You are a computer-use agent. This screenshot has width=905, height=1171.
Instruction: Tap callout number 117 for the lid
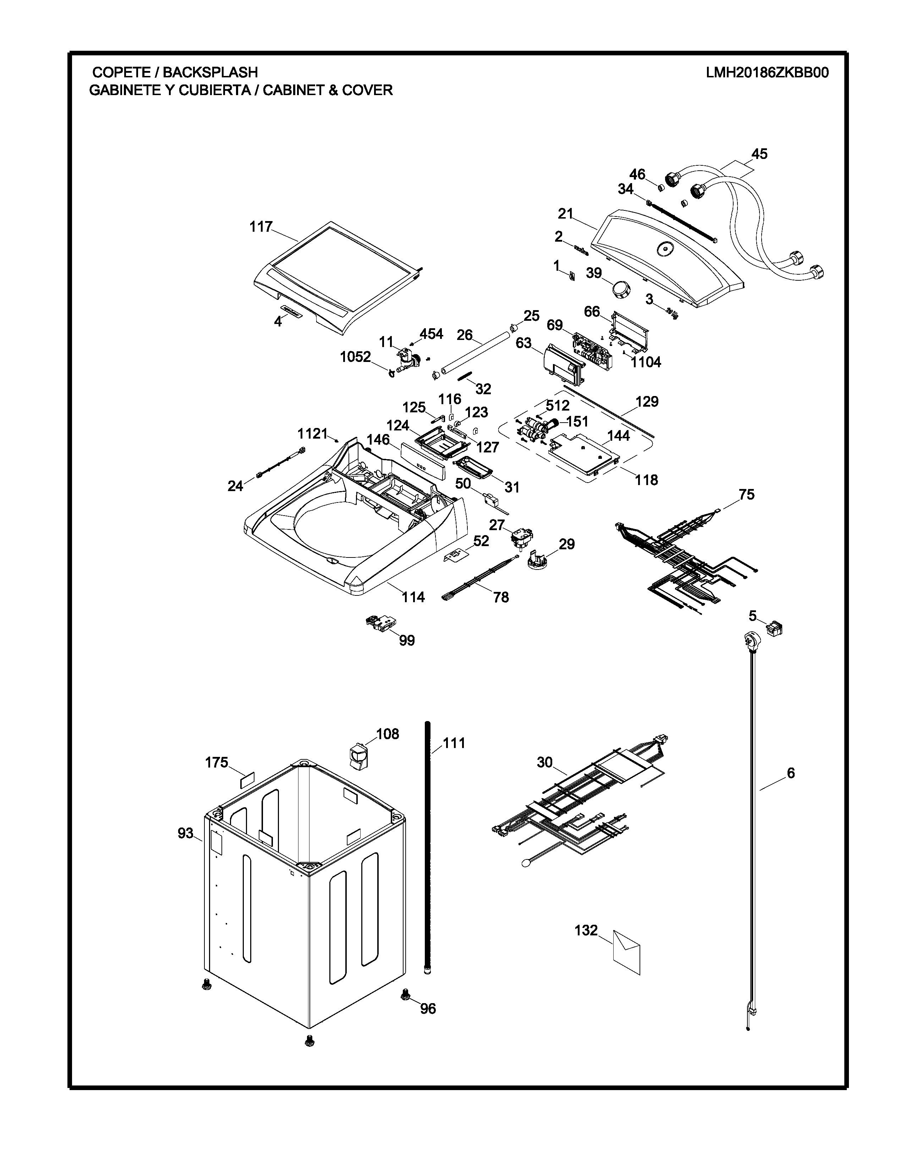tap(261, 227)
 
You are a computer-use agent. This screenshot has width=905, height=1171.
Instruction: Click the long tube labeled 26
tap(472, 356)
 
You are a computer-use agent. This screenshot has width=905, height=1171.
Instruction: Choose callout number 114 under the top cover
tap(413, 597)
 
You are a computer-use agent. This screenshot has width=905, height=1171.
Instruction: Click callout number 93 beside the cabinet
tap(186, 833)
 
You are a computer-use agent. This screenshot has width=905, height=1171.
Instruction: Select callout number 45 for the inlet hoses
tap(759, 154)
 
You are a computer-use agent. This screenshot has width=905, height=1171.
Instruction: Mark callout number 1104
tap(646, 362)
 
